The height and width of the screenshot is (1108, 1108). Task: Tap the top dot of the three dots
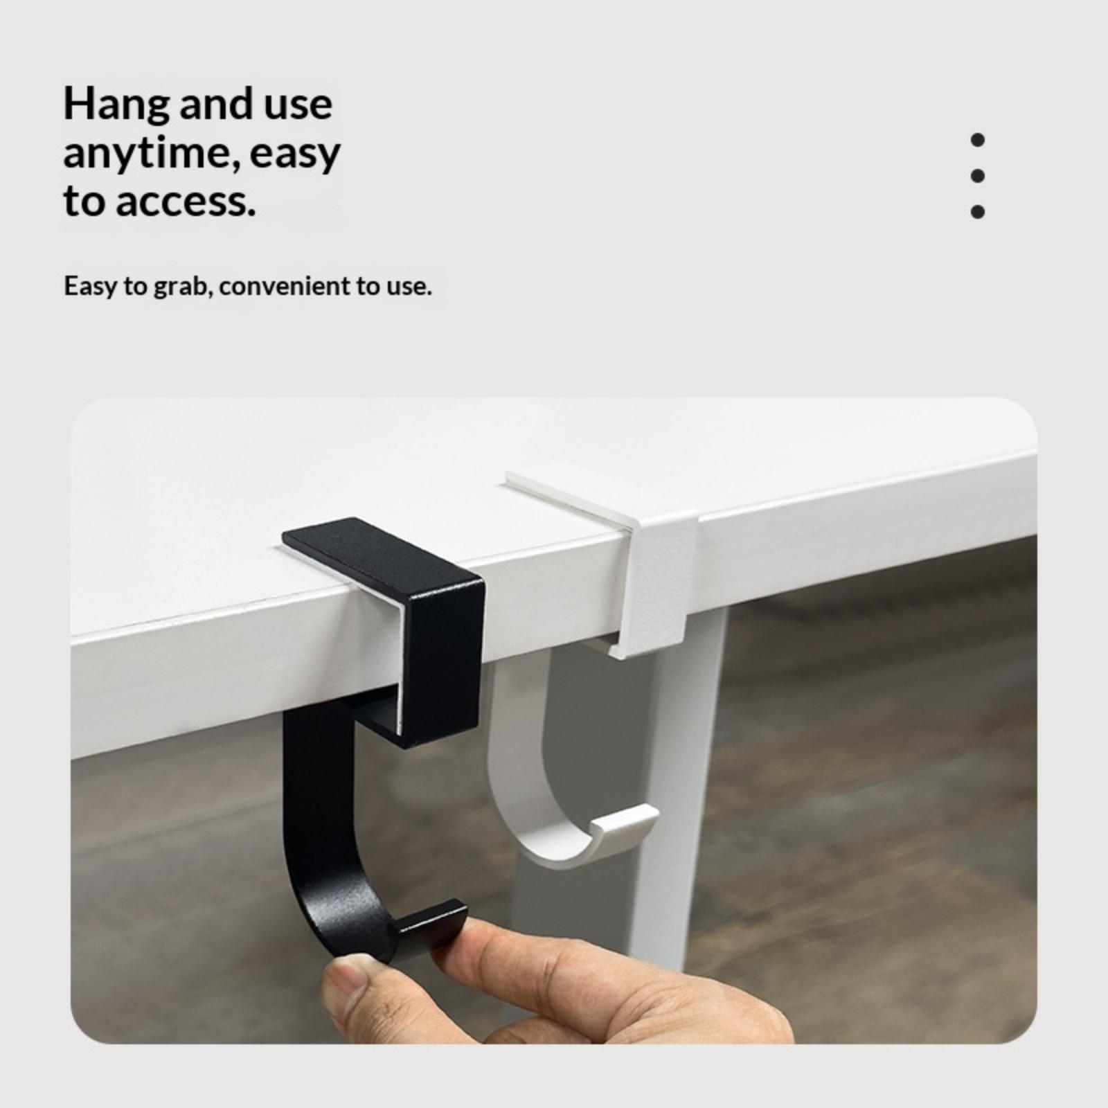point(978,140)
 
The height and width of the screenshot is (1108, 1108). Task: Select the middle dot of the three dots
point(978,176)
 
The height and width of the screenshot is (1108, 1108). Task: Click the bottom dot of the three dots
point(978,211)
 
